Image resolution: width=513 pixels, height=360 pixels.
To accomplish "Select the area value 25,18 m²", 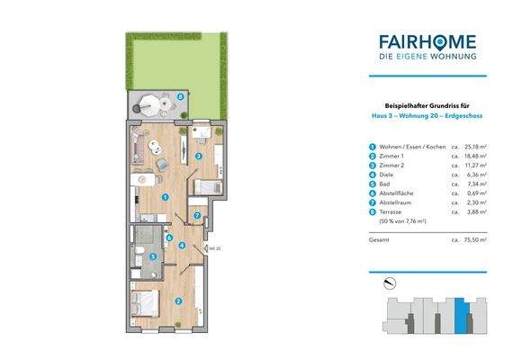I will coord(473,146).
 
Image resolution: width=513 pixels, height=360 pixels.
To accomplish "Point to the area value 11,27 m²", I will coord(473,166).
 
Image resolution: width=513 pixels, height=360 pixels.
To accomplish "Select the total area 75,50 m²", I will coord(473,240).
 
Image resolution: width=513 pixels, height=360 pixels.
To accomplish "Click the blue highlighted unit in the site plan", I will coord(462,315).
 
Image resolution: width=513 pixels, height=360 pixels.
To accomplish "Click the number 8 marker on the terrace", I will coord(181,95).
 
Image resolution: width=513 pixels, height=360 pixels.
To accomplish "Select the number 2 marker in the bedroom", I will coord(178,301).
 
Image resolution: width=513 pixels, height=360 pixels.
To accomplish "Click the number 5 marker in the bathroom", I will coord(152,256).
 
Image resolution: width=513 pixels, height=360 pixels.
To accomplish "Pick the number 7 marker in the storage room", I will coord(197,216).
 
